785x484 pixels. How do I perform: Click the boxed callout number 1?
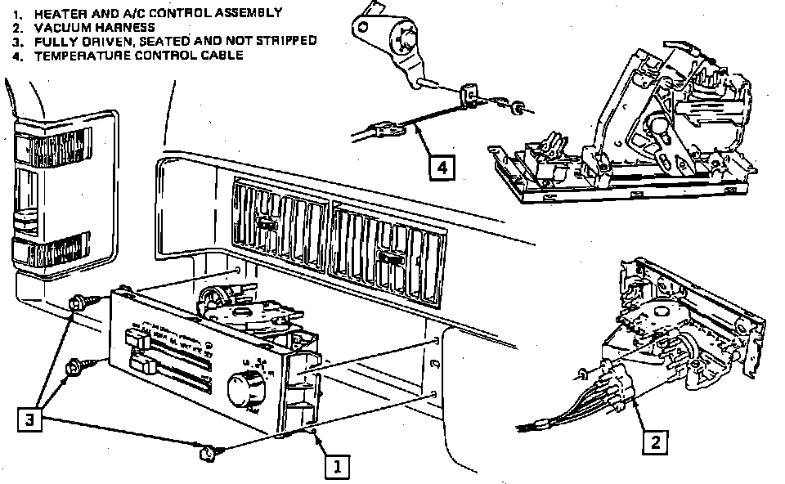(x=338, y=465)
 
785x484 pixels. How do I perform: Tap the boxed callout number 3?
(x=29, y=419)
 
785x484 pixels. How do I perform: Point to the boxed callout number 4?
(x=441, y=168)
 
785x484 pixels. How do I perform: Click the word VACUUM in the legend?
(x=52, y=27)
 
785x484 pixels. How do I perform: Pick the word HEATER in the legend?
(x=56, y=13)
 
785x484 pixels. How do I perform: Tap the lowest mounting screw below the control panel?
(x=208, y=451)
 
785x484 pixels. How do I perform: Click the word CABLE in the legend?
(x=221, y=56)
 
